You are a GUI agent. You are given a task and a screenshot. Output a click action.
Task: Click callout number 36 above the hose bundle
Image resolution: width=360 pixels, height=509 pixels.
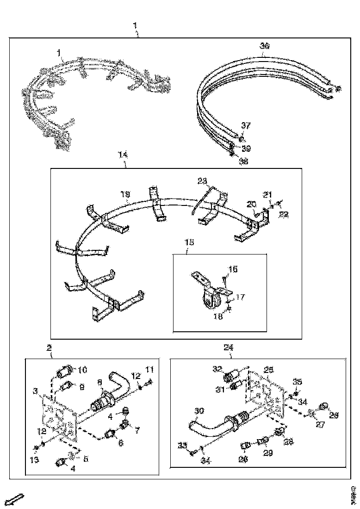265,45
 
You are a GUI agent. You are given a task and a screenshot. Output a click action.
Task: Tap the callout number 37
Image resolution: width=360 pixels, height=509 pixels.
245,125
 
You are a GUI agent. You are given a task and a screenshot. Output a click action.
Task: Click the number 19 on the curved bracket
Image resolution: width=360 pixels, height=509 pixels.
125,196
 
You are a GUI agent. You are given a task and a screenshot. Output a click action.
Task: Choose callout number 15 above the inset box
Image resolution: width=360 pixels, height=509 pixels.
188,242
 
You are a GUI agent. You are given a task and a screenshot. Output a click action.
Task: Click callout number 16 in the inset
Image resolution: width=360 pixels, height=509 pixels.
233,268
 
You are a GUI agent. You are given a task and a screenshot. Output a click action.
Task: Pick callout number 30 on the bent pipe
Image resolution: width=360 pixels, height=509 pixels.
199,410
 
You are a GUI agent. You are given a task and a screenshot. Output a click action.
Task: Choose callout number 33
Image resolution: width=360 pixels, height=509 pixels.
183,445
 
